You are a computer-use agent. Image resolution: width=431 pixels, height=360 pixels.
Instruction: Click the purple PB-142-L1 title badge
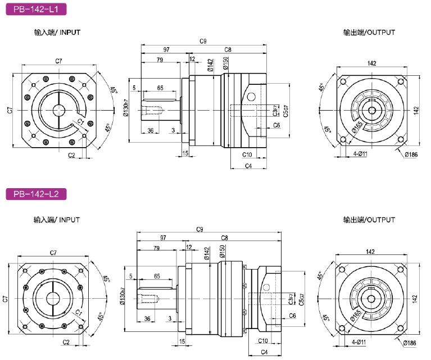(x=36, y=10)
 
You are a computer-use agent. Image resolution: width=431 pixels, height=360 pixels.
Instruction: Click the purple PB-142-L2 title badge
(x=36, y=194)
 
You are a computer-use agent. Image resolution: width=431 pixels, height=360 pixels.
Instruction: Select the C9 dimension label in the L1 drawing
(x=203, y=41)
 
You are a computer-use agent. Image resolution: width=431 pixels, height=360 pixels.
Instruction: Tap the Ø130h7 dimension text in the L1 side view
(x=126, y=108)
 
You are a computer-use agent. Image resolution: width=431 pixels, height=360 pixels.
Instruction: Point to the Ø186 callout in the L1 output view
(x=411, y=154)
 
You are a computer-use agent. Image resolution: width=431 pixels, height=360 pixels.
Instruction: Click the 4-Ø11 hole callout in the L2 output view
(x=359, y=342)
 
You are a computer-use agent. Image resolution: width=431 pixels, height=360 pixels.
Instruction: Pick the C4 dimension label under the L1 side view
(x=248, y=166)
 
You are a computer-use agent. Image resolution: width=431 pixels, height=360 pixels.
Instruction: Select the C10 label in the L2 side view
(x=263, y=341)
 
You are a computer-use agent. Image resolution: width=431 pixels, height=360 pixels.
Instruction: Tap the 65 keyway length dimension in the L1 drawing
(x=160, y=88)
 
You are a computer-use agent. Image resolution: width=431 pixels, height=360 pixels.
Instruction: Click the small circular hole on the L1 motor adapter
(x=251, y=97)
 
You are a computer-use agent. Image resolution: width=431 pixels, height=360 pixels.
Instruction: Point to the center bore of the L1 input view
(x=59, y=111)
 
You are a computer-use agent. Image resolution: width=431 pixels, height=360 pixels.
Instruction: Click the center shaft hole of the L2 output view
(x=371, y=299)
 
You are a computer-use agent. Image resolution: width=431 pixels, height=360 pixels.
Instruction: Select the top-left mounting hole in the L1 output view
(x=343, y=82)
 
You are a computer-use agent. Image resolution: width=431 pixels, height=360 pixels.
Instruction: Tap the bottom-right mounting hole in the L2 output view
(x=401, y=329)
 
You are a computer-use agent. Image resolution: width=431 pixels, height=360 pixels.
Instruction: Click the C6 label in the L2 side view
(x=292, y=316)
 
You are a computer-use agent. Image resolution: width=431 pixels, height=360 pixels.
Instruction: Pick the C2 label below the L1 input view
(x=71, y=155)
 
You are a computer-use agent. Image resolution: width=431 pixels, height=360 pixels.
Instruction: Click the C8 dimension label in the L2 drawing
(x=224, y=238)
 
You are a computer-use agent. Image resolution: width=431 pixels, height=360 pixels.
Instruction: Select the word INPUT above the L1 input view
(x=70, y=33)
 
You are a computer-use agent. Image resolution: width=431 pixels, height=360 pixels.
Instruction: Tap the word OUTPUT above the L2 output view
(x=381, y=220)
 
